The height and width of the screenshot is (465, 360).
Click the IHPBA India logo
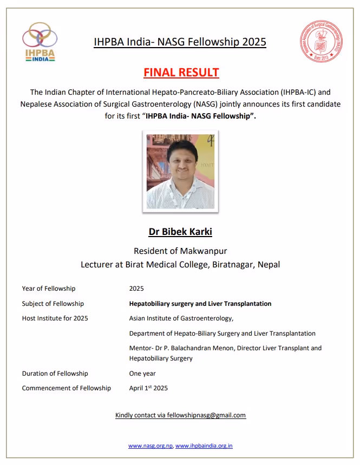pos(40,42)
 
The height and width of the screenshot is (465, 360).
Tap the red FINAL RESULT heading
pos(181,72)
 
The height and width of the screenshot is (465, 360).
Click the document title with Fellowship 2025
pos(180,42)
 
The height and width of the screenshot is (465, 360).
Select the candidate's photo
pos(181,170)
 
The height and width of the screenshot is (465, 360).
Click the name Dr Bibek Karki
pos(180,232)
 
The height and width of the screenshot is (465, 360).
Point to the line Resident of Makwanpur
pos(180,251)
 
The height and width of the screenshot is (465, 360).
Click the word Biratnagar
pos(234,265)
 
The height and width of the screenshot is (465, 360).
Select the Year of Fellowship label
pos(49,289)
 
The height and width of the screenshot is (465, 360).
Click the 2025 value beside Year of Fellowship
pos(137,289)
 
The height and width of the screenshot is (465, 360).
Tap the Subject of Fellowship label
pos(53,304)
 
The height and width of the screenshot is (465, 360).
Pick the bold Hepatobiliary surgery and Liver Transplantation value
pos(200,304)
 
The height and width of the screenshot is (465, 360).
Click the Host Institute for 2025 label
pos(55,318)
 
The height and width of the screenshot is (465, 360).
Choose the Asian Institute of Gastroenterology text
pos(181,318)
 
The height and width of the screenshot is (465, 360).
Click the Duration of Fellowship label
pos(55,374)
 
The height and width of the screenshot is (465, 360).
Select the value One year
pos(142,374)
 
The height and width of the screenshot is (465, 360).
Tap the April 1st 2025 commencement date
pos(148,388)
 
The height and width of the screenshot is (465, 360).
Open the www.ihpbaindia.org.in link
pos(204,446)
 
